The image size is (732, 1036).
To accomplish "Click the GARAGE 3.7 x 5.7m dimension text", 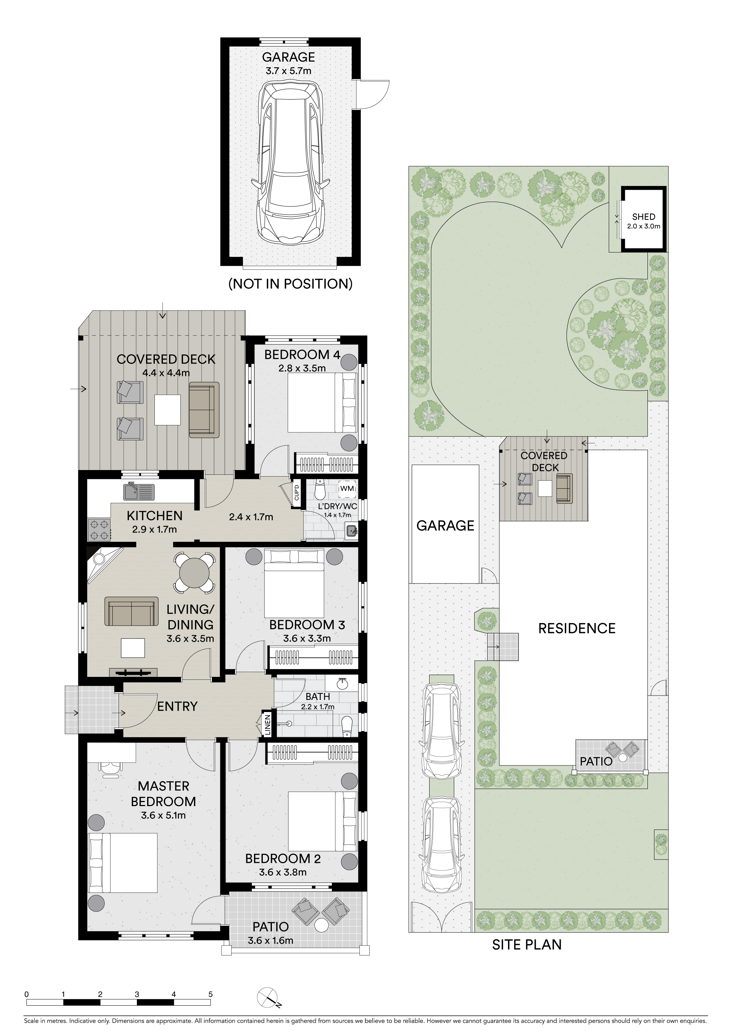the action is [x=288, y=71].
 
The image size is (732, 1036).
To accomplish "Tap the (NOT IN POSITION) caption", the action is [x=291, y=284].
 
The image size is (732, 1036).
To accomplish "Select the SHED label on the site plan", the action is [x=643, y=217].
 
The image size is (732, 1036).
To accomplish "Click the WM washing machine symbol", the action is [x=347, y=489].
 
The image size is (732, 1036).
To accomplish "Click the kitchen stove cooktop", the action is [x=99, y=530].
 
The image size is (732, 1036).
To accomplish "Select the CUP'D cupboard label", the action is [x=296, y=493].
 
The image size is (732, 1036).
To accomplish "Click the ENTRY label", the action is [x=177, y=706].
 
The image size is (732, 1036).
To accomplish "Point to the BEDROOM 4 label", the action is [x=302, y=355].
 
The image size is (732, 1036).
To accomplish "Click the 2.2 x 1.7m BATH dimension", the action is [x=318, y=707].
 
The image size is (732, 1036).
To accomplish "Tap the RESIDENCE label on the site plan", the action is [x=577, y=628].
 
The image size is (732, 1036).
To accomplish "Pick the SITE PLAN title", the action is [x=527, y=944].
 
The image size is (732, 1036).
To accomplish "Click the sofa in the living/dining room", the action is [x=131, y=611].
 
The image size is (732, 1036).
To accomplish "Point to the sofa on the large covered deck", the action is [x=204, y=410].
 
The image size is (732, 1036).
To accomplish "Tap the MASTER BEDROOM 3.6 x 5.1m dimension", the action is [x=163, y=815].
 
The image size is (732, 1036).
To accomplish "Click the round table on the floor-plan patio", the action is [x=322, y=925].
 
